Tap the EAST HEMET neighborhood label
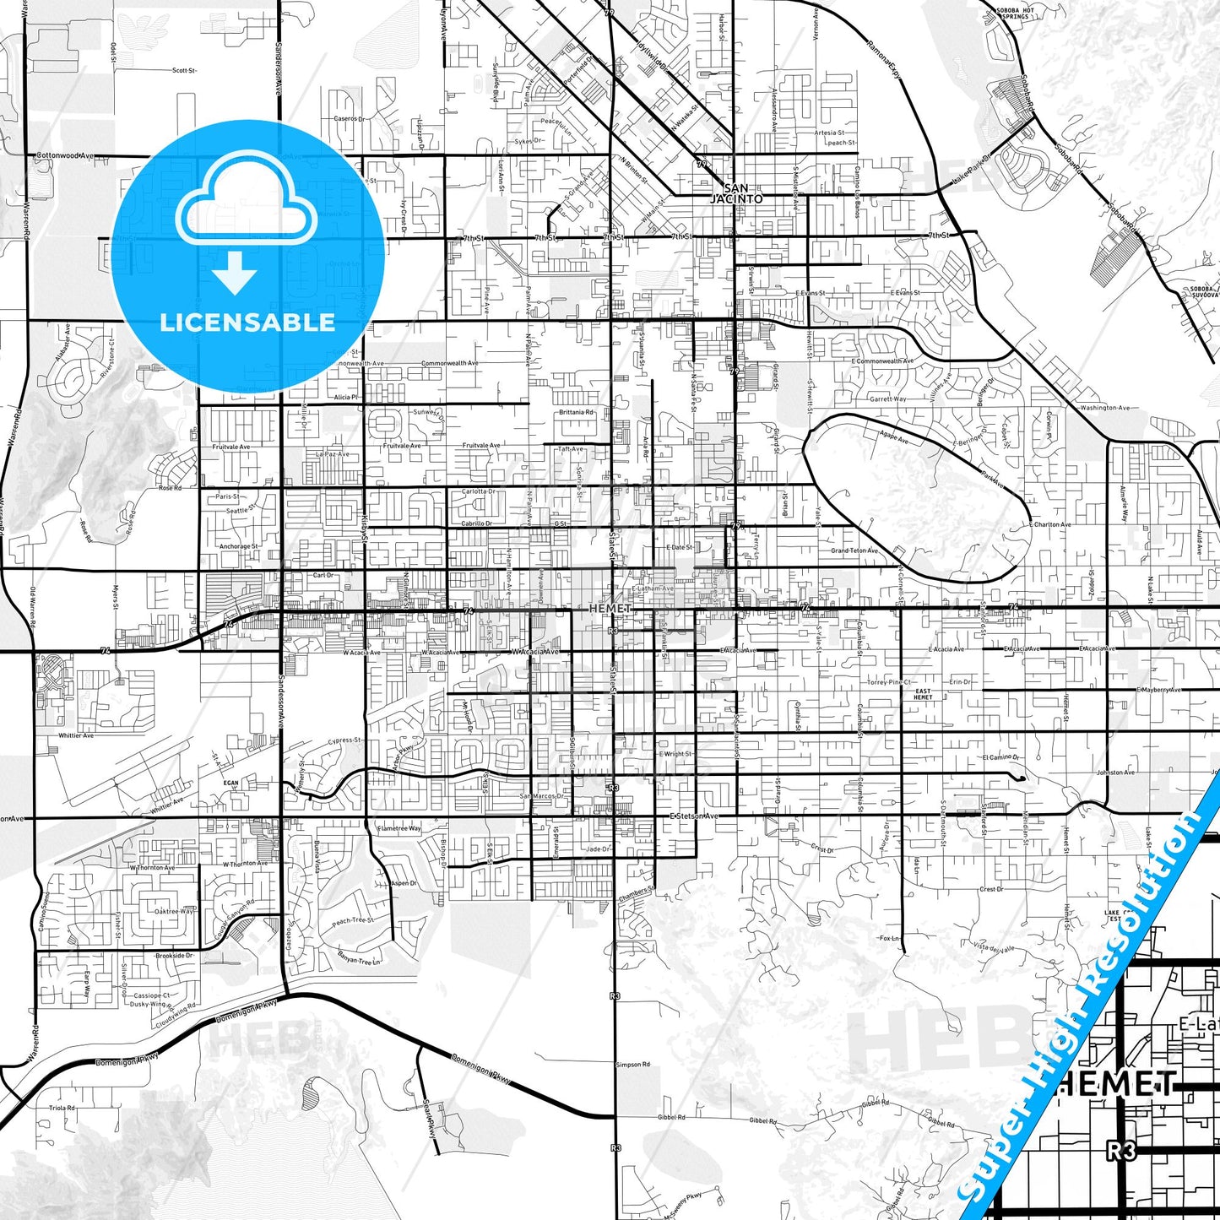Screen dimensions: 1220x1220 923,694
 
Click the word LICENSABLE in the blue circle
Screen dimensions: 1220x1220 247,322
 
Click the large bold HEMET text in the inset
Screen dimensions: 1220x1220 1117,1083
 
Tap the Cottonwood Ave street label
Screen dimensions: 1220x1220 64,156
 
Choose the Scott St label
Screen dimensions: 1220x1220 183,71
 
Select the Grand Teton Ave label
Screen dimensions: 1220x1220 854,550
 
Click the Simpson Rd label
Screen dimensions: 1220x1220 633,1065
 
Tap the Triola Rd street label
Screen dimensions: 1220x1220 62,1108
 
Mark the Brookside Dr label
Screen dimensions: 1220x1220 175,956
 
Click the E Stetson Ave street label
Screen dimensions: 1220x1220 693,816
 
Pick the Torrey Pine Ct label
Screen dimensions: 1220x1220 889,682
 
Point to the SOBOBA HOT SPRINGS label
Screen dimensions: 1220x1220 1013,13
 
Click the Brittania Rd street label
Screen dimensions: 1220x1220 576,412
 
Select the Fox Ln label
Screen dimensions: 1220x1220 889,938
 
